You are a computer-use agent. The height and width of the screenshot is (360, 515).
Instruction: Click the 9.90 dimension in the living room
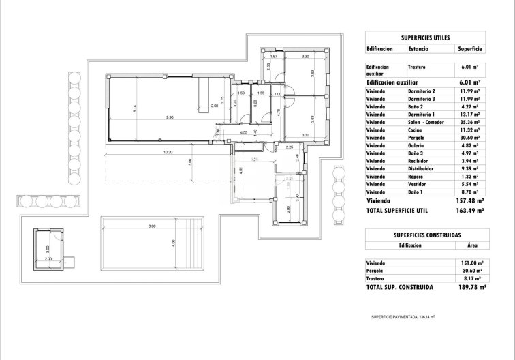point(160,117)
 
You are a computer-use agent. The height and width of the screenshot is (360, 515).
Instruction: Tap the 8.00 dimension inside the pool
point(151,226)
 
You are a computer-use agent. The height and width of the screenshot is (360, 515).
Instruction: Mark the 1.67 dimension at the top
point(274,55)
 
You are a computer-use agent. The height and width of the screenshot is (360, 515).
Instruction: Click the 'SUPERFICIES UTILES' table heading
point(424,38)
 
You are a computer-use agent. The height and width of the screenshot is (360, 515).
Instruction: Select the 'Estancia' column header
point(418,49)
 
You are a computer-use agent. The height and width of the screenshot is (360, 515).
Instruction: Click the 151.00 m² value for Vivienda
point(468,262)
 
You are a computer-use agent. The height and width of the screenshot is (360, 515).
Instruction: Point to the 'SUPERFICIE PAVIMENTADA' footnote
point(403,317)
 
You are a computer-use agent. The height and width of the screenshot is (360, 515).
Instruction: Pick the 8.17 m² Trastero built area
point(470,278)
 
